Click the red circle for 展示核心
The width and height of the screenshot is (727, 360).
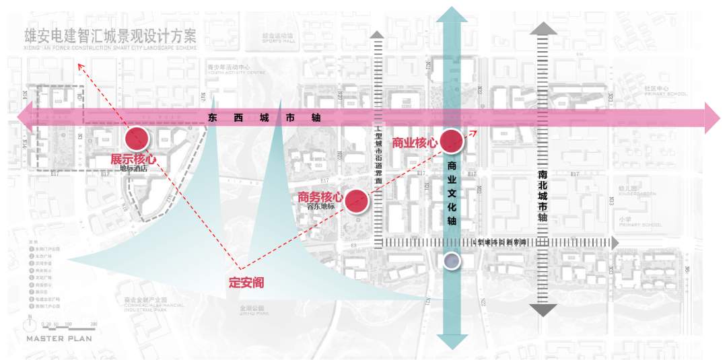click(x=138, y=138)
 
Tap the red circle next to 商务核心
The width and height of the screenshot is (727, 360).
click(x=356, y=200)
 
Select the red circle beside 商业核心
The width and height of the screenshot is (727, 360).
click(x=452, y=141)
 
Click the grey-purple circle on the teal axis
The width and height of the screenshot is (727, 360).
click(x=452, y=261)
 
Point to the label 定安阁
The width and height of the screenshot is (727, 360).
click(x=246, y=283)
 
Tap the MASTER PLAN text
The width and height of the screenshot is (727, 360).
click(x=59, y=338)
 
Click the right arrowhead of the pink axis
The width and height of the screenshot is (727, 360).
click(x=712, y=117)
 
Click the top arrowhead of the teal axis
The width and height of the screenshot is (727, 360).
click(x=452, y=15)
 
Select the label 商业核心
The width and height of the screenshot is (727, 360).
click(x=415, y=143)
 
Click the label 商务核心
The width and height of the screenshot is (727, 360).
click(x=320, y=198)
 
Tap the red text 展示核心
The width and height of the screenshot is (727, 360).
click(x=133, y=159)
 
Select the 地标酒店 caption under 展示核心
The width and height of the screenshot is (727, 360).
click(x=133, y=169)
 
